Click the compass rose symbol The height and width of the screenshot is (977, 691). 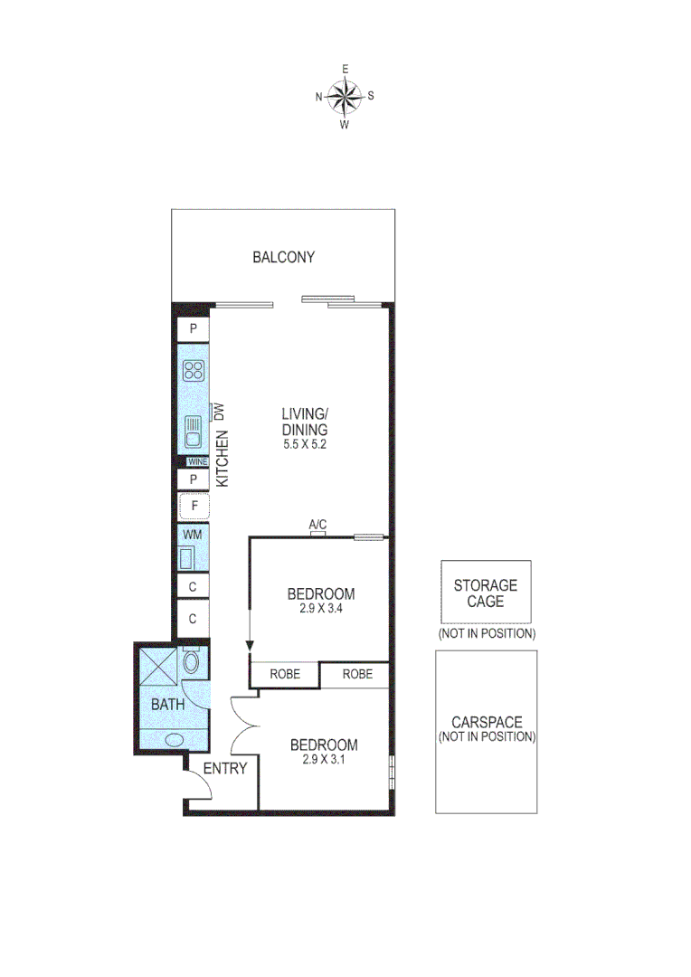[x=345, y=95]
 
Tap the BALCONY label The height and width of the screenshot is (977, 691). [x=283, y=257]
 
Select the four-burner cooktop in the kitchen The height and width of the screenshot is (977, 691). [x=194, y=369]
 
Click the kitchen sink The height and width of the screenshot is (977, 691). [x=193, y=432]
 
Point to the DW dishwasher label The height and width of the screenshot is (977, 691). [x=219, y=412]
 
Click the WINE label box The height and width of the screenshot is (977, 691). [x=197, y=461]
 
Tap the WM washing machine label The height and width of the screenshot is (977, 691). [x=193, y=535]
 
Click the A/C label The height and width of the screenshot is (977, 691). [x=317, y=524]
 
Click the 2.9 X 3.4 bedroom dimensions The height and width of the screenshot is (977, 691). [x=320, y=609]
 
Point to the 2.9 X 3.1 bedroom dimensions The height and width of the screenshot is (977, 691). [x=323, y=760]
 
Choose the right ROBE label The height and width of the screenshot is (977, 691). [x=357, y=674]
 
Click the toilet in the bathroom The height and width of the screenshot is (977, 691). [x=192, y=662]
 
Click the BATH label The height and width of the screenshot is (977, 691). [x=167, y=705]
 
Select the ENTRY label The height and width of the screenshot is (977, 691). [x=224, y=769]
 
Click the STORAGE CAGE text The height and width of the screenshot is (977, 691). [x=486, y=593]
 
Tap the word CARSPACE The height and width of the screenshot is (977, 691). [x=487, y=722]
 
